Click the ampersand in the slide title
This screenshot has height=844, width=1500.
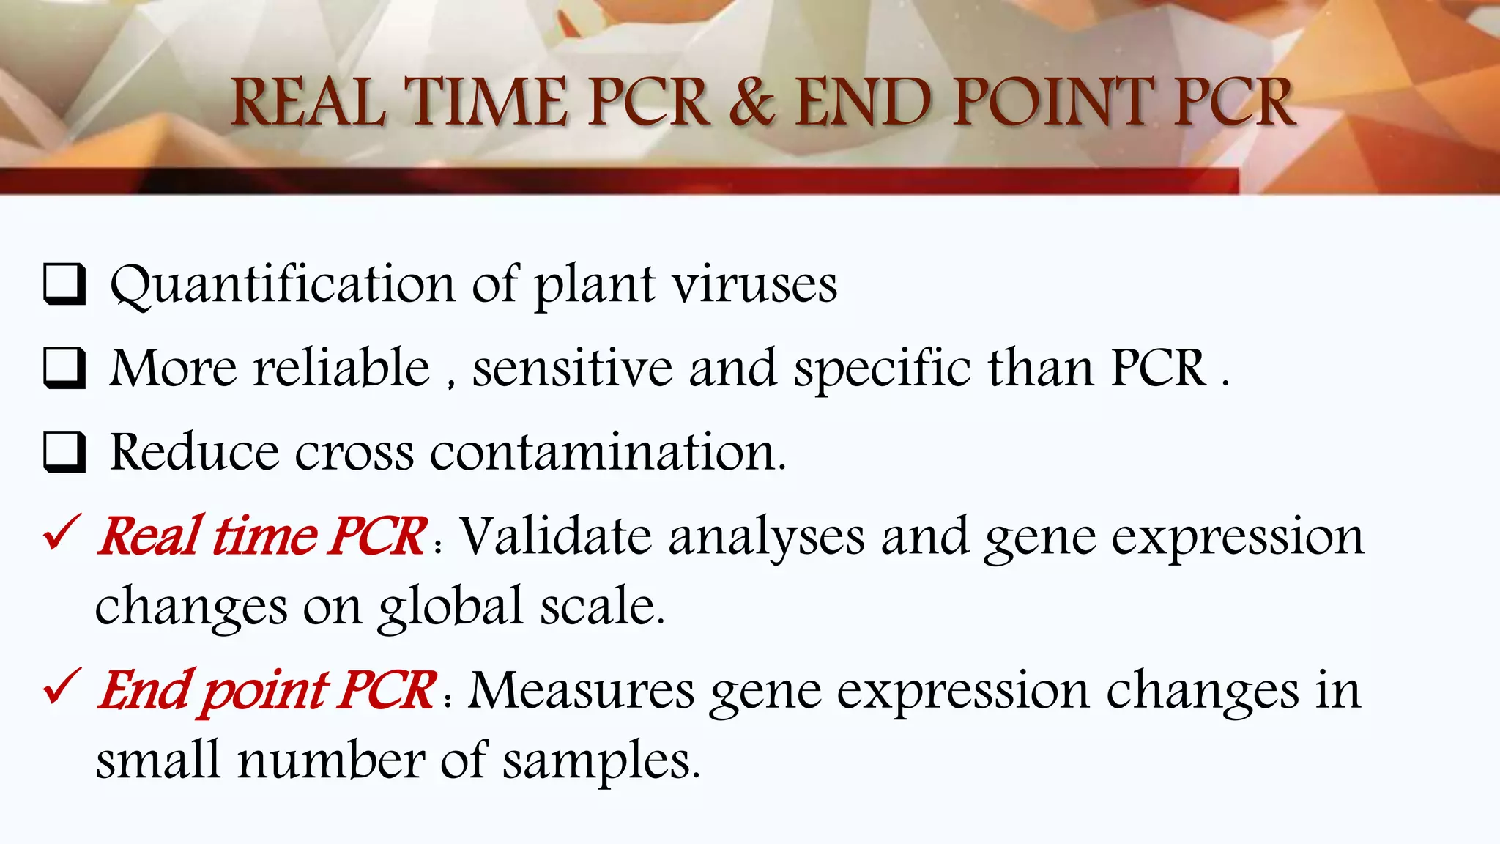[751, 102]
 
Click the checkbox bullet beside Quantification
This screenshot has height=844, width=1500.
[64, 284]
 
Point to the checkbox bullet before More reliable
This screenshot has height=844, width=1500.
[64, 368]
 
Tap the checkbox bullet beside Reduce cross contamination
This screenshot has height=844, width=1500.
[64, 452]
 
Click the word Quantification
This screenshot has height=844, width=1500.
[282, 284]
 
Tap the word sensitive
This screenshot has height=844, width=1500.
[572, 368]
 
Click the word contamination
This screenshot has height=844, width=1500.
[607, 452]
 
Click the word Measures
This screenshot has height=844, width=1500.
[581, 690]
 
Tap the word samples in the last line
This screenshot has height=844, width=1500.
[601, 761]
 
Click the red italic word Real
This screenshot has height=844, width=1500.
[150, 536]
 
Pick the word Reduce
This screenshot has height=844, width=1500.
[194, 452]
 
